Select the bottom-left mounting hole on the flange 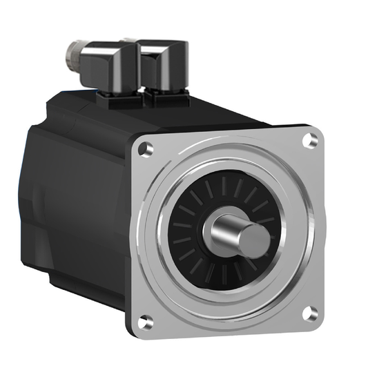(x=145, y=320)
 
